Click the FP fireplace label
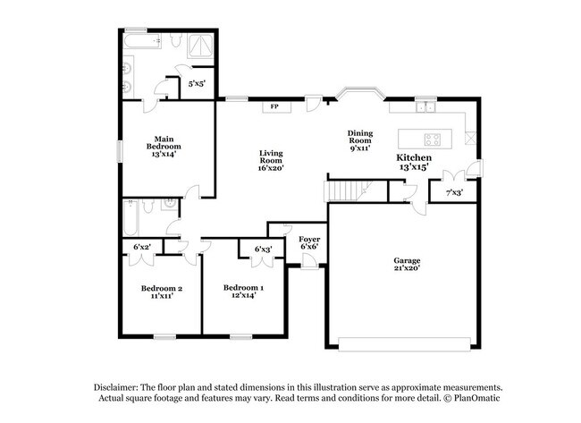pyautogui.click(x=274, y=106)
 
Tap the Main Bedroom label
pyautogui.click(x=164, y=143)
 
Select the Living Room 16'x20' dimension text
pyautogui.click(x=271, y=168)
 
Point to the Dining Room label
pyautogui.click(x=360, y=137)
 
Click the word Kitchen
pyautogui.click(x=414, y=157)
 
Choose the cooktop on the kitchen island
pyautogui.click(x=433, y=140)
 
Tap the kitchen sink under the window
pyautogui.click(x=425, y=107)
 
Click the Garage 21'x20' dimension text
pyautogui.click(x=407, y=267)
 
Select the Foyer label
pyautogui.click(x=309, y=240)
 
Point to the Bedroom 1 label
pyautogui.click(x=243, y=288)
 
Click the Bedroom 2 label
pyautogui.click(x=162, y=289)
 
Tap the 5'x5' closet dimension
pyautogui.click(x=197, y=84)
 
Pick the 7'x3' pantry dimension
pyautogui.click(x=454, y=193)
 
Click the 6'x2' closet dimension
pyautogui.click(x=142, y=247)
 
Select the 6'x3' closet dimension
pyautogui.click(x=263, y=250)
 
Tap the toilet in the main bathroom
pyautogui.click(x=175, y=40)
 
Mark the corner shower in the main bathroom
pyautogui.click(x=200, y=46)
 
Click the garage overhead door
pyautogui.click(x=405, y=344)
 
